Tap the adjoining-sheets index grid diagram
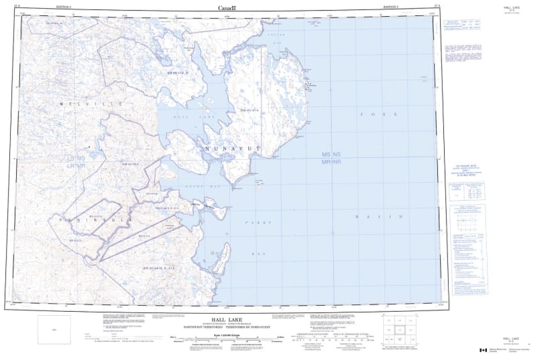(402, 331)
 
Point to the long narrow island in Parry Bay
(225, 254)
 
